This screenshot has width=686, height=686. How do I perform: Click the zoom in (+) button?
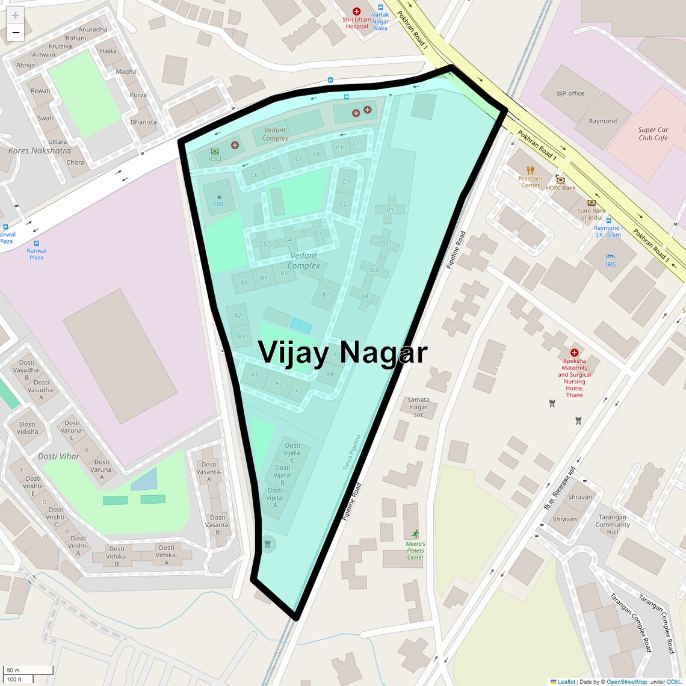pyautogui.click(x=16, y=16)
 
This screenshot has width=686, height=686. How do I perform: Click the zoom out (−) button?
pyautogui.click(x=16, y=32)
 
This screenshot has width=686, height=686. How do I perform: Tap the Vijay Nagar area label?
pyautogui.click(x=342, y=352)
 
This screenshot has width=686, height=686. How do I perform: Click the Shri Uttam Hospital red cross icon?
pyautogui.click(x=356, y=11)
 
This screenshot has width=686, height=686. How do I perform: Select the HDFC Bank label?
pyautogui.click(x=561, y=188)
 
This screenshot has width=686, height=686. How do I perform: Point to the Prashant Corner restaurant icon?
pyautogui.click(x=530, y=170)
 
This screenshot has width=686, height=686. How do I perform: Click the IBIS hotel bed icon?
pyautogui.click(x=610, y=256)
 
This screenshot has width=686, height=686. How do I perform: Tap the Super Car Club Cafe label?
pyautogui.click(x=653, y=134)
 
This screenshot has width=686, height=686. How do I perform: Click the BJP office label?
pyautogui.click(x=570, y=93)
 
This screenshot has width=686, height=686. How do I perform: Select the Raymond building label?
pyautogui.click(x=602, y=121)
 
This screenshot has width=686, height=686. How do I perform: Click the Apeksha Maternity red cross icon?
pyautogui.click(x=574, y=353)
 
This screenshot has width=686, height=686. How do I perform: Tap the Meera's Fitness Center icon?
pyautogui.click(x=415, y=534)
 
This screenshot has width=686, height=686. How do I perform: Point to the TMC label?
pyautogui.click(x=219, y=204)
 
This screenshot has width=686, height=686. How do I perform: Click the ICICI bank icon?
pyautogui.click(x=215, y=151)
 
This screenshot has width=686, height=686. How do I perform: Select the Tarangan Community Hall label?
pyautogui.click(x=613, y=524)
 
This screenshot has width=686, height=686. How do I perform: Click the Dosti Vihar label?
pyautogui.click(x=58, y=456)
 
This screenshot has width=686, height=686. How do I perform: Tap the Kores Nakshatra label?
pyautogui.click(x=39, y=150)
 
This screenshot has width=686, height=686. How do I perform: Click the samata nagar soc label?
pyautogui.click(x=418, y=407)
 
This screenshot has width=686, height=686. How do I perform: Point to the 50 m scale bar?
pyautogui.click(x=29, y=670)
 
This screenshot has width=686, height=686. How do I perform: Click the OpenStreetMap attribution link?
pyautogui.click(x=626, y=682)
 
